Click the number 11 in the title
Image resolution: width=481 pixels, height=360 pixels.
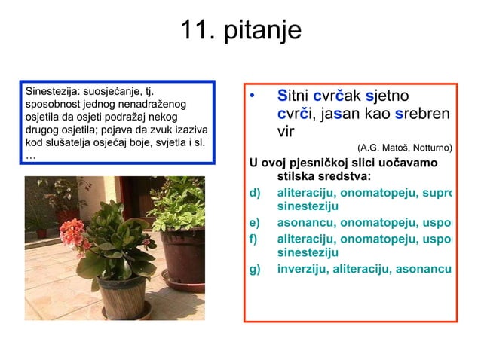coord(193,31)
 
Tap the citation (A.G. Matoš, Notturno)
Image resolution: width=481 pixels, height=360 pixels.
coord(405,148)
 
